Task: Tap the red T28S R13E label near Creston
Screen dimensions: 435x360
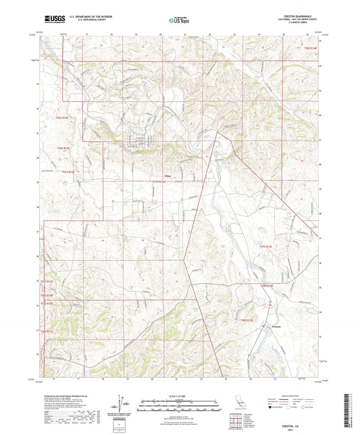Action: click(246, 320)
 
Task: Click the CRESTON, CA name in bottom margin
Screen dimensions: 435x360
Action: click(290, 417)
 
